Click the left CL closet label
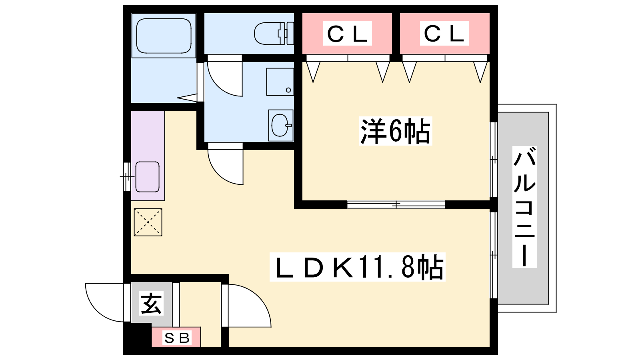click(x=348, y=34)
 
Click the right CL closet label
click(x=444, y=34)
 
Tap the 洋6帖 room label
click(x=396, y=131)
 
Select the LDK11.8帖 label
click(x=358, y=267)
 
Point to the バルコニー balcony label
click(x=524, y=207)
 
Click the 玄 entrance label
click(x=152, y=303)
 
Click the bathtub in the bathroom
click(x=164, y=36)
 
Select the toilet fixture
click(x=274, y=34)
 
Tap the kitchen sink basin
click(x=148, y=177)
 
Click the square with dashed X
click(x=148, y=222)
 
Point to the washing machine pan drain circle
click(x=288, y=90)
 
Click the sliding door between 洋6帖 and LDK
click(x=396, y=204)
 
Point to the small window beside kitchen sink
click(x=127, y=177)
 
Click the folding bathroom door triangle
click(x=188, y=98)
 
